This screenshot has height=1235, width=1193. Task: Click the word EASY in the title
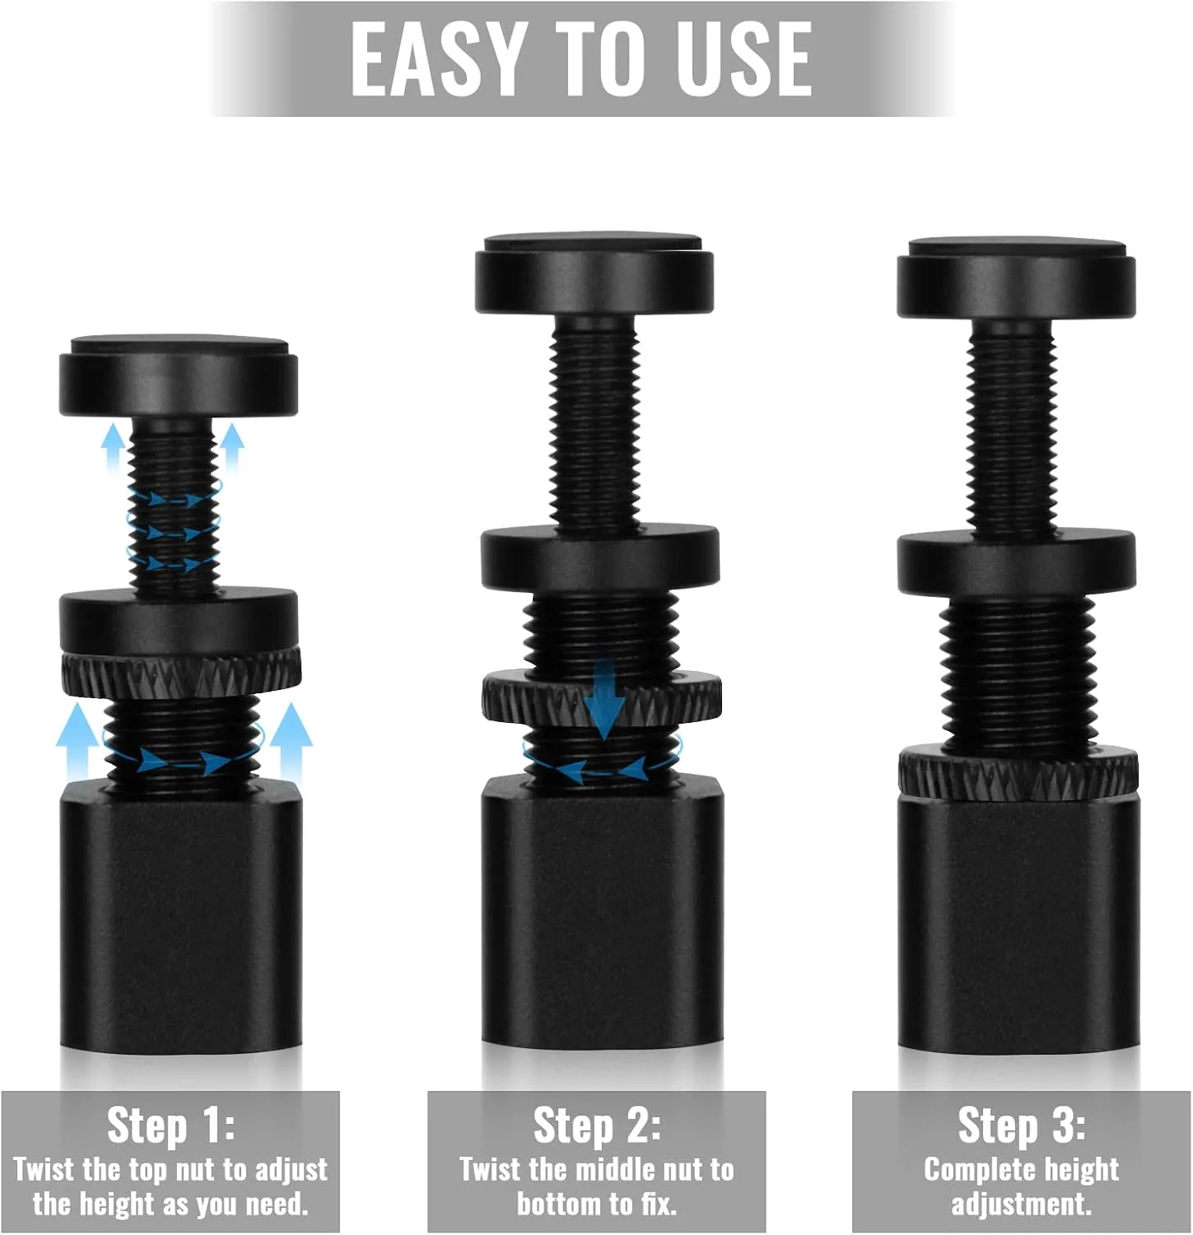click(x=437, y=59)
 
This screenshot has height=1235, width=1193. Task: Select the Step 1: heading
click(x=171, y=1125)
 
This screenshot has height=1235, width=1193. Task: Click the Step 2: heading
click(x=597, y=1125)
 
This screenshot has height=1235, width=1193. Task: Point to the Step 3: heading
click(x=1022, y=1125)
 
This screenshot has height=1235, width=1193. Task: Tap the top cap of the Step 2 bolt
click(x=594, y=273)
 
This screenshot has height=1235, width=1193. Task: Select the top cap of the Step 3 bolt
click(x=1017, y=277)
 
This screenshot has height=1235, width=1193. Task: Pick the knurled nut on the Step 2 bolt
click(x=602, y=697)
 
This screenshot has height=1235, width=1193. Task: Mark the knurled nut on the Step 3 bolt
click(x=1018, y=774)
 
